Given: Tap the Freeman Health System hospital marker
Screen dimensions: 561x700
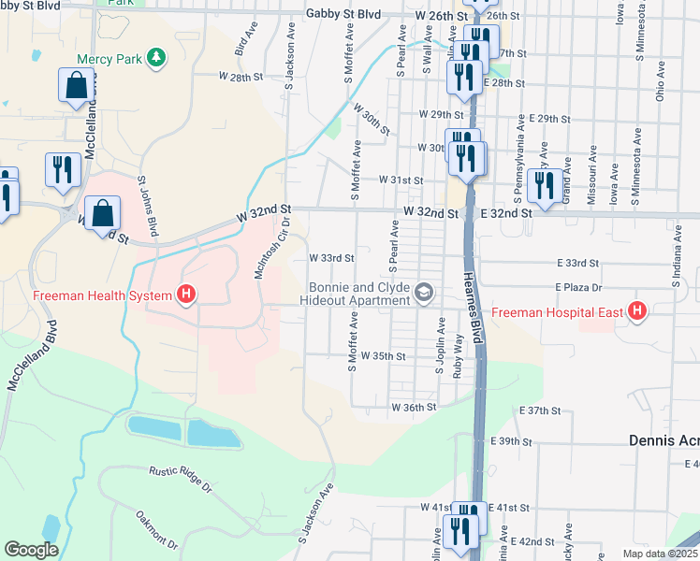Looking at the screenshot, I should tap(187, 295).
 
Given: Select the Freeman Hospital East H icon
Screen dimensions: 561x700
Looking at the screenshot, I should tap(638, 310).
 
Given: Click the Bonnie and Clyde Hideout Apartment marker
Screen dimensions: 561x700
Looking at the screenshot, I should tap(424, 294).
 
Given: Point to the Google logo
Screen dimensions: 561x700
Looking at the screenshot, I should tap(31, 550).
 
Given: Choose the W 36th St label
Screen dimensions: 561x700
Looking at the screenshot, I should tap(414, 408).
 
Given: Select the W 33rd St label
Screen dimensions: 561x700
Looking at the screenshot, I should tap(331, 258).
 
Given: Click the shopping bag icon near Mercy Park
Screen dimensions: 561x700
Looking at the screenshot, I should tap(75, 85).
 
